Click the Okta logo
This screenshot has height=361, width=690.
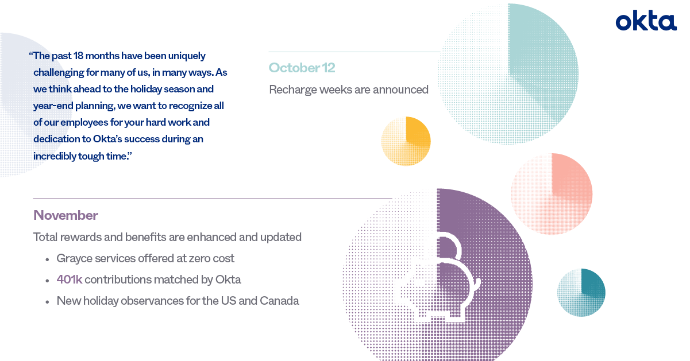[646, 20]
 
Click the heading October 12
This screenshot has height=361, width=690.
[302, 68]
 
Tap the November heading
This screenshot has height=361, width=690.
[65, 215]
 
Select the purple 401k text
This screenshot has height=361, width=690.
[70, 280]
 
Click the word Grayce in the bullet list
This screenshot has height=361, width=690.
[74, 258]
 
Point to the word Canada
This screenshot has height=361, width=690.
[279, 301]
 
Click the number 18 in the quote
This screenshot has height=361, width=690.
[78, 56]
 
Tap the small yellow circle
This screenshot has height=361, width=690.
[406, 141]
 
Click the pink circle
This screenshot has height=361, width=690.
[552, 194]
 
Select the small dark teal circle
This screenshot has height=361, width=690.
[581, 292]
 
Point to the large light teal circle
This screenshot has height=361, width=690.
[508, 74]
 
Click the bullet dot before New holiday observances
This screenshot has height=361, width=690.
[47, 302]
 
